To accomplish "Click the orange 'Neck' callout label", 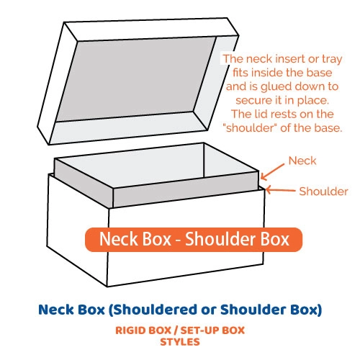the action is [x=302, y=161].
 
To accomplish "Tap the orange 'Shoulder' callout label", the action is [x=323, y=192].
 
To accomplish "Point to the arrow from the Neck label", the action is [x=273, y=172].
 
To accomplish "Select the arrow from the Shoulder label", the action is [x=280, y=190].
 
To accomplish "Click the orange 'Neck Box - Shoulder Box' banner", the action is [x=194, y=240].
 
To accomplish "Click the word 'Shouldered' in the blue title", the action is [x=153, y=310].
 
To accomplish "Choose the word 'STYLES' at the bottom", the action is [x=180, y=342].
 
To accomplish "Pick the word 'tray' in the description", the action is [x=332, y=59].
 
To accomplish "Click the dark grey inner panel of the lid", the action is [x=136, y=79].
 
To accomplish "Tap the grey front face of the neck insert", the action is [x=186, y=189].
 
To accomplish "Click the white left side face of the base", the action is [x=78, y=228].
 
